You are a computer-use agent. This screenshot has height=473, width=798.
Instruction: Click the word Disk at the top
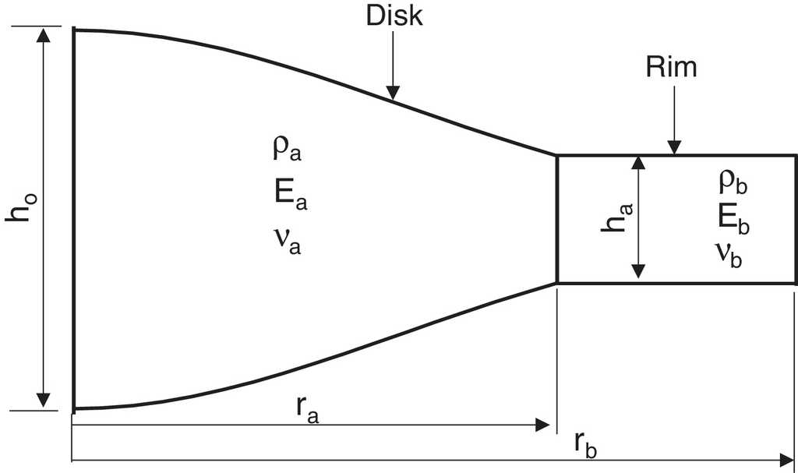coord(394,16)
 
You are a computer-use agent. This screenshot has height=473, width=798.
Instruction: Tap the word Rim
coord(671,67)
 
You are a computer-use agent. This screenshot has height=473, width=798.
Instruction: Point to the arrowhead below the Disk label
coord(393,92)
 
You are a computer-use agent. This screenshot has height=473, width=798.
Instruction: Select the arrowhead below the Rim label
coord(674,146)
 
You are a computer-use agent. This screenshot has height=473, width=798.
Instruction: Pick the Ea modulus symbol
coord(291,194)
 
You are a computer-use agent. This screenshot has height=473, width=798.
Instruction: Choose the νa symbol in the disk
coord(288,240)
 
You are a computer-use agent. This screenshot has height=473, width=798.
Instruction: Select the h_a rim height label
coord(617,218)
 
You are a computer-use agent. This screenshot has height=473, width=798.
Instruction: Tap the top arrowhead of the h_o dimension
coord(44,35)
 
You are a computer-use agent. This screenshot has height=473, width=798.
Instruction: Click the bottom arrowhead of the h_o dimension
coord(44,401)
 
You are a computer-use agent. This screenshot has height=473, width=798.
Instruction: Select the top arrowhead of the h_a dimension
coord(638,163)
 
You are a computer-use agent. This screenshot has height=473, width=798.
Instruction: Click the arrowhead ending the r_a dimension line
coord(542,425)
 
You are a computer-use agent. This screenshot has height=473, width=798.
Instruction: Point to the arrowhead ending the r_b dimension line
coord(786,461)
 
